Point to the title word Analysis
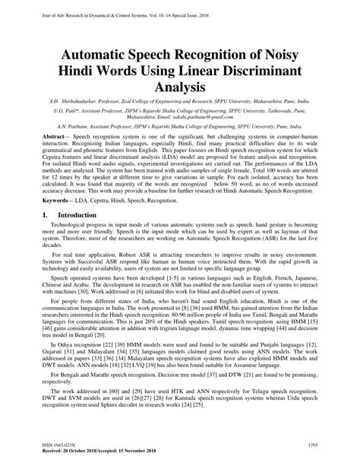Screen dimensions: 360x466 click(179, 87)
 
